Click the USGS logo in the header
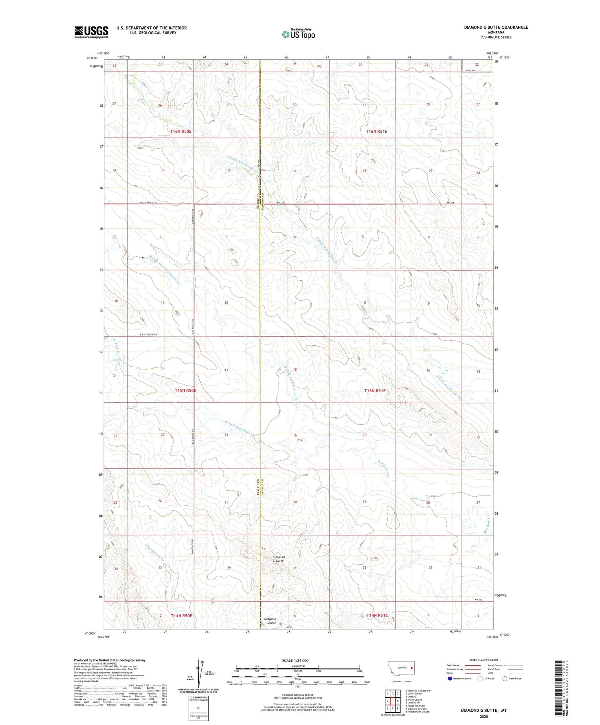tap(91, 32)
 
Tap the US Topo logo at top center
tap(298, 34)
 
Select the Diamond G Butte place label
tap(278, 559)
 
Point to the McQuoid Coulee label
tap(271, 621)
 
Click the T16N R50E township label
tap(181, 131)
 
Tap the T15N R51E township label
tap(375, 391)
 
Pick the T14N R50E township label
tap(181, 615)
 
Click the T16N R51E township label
tap(376, 131)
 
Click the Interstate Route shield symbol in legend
tap(450, 679)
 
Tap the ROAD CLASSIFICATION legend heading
tap(484, 660)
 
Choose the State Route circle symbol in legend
tap(505, 679)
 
